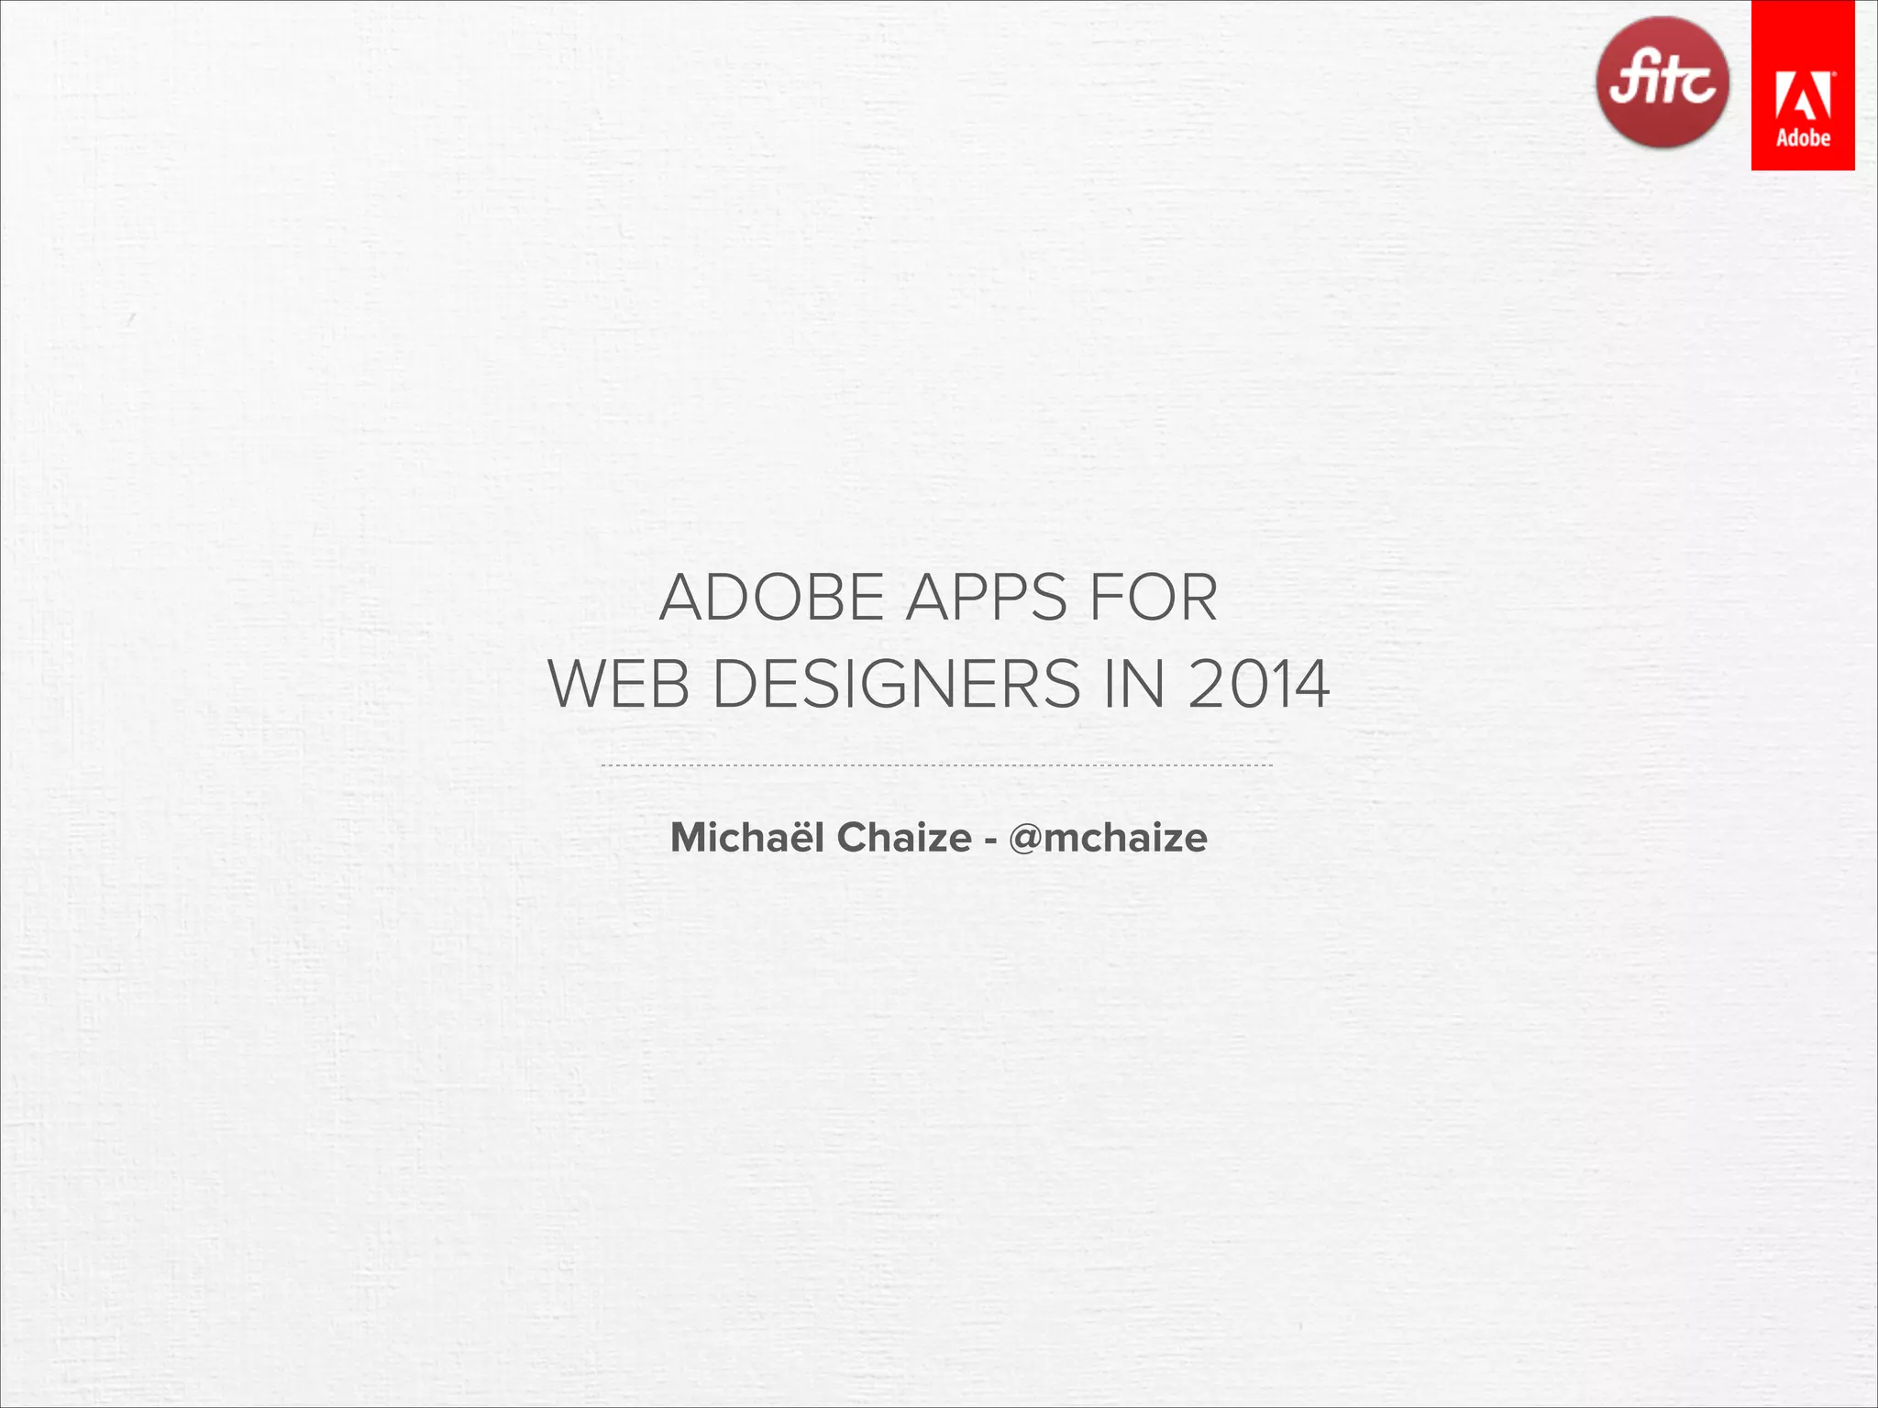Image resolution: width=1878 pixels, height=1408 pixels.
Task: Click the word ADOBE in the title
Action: click(771, 598)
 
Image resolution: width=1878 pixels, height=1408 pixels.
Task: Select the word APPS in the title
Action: click(987, 598)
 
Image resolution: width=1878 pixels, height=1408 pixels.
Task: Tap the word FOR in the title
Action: click(1153, 598)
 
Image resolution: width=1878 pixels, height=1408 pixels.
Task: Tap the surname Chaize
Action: click(904, 837)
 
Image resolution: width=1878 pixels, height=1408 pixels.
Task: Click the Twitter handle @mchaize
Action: click(1108, 838)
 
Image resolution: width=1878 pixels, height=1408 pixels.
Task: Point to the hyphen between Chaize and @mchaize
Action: click(990, 841)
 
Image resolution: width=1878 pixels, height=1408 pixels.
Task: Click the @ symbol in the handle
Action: click(1025, 839)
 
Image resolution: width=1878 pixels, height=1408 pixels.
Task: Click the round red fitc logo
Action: click(1662, 82)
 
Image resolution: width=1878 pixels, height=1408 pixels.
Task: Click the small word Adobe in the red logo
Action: click(1803, 138)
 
